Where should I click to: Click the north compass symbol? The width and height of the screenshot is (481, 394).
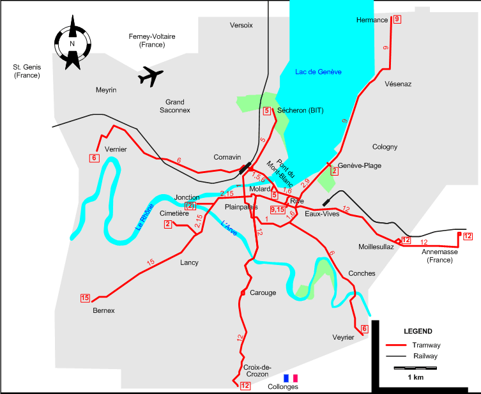tap(72, 43)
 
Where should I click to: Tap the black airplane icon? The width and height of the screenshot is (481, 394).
tap(151, 75)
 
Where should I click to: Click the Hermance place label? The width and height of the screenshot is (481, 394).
tap(372, 20)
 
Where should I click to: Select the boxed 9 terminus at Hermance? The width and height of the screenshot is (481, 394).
tap(397, 19)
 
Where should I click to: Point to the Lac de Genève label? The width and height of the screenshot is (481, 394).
tap(318, 72)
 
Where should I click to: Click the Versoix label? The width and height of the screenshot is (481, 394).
tap(241, 25)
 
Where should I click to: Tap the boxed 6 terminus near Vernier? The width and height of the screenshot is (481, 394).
tap(94, 158)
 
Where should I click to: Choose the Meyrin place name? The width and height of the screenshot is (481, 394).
tap(106, 90)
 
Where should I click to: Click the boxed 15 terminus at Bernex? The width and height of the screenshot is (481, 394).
tap(85, 297)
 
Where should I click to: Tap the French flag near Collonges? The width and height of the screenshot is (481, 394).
tap(291, 378)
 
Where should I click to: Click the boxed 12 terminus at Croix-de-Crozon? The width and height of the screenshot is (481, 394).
tap(245, 386)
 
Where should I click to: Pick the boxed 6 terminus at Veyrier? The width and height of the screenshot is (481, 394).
tap(364, 329)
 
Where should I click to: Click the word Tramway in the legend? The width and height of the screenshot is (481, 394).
tap(427, 345)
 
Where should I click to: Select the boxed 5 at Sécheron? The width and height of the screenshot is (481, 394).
tap(267, 111)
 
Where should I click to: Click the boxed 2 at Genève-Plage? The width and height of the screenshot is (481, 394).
tap(333, 170)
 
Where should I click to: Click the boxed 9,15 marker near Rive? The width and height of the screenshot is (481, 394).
tap(277, 209)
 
